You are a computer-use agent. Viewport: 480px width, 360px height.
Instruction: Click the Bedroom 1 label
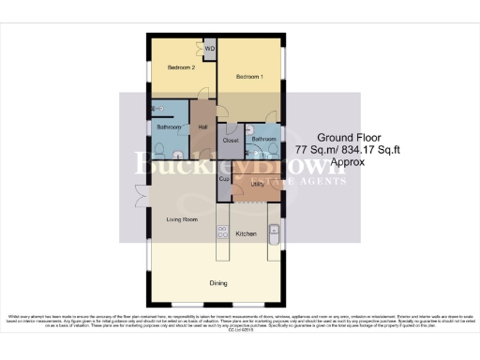click(x=249, y=76)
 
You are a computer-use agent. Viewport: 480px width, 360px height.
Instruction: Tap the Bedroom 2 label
click(x=181, y=68)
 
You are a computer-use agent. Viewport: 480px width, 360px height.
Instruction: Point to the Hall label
click(x=202, y=127)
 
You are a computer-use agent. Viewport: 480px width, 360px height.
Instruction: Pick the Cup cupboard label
click(x=224, y=178)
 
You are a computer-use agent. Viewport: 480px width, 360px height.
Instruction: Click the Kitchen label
click(x=246, y=233)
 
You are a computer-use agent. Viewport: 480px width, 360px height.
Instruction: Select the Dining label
click(x=218, y=281)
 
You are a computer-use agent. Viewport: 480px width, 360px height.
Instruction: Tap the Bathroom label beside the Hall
click(x=169, y=127)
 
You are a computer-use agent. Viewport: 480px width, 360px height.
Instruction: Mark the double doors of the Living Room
click(x=141, y=195)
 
